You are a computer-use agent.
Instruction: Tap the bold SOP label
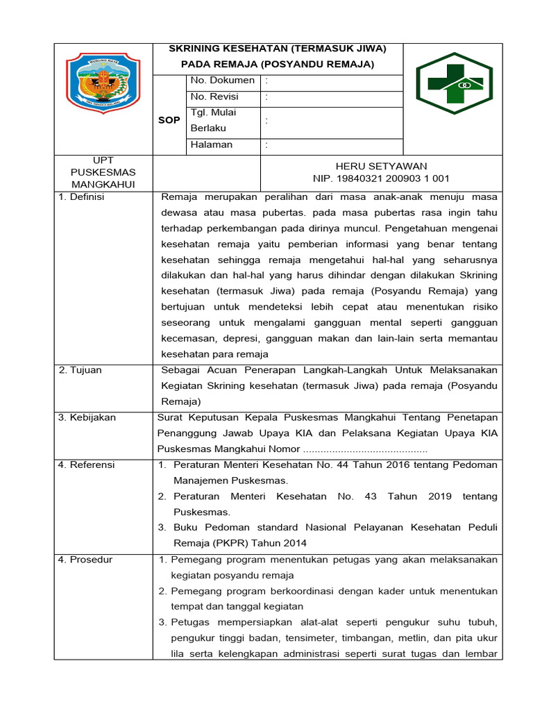pos(169,120)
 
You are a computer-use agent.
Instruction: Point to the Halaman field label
pos(212,144)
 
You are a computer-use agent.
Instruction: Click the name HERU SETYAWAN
pos(381,166)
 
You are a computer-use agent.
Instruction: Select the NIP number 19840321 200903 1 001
pos(381,178)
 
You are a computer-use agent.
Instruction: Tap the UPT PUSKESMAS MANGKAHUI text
pos(103,172)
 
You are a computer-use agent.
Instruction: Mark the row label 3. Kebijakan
pos(87,417)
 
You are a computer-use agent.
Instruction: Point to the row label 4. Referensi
pos(87,465)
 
